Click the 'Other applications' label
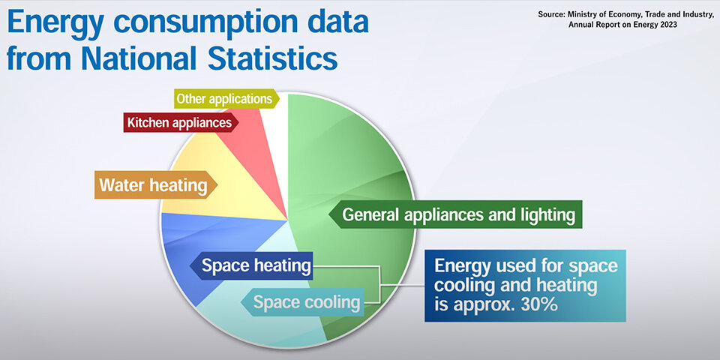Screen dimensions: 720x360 click(226, 99)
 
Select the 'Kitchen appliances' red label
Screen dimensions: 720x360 click(181, 122)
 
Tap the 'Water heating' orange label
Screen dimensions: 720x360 click(156, 185)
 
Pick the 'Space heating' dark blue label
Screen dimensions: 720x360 click(251, 265)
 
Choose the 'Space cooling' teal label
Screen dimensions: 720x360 click(302, 302)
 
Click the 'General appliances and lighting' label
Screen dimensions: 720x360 click(455, 214)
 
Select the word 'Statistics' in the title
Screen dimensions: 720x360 click(273, 58)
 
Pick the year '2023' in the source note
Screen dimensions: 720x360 click(667, 25)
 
